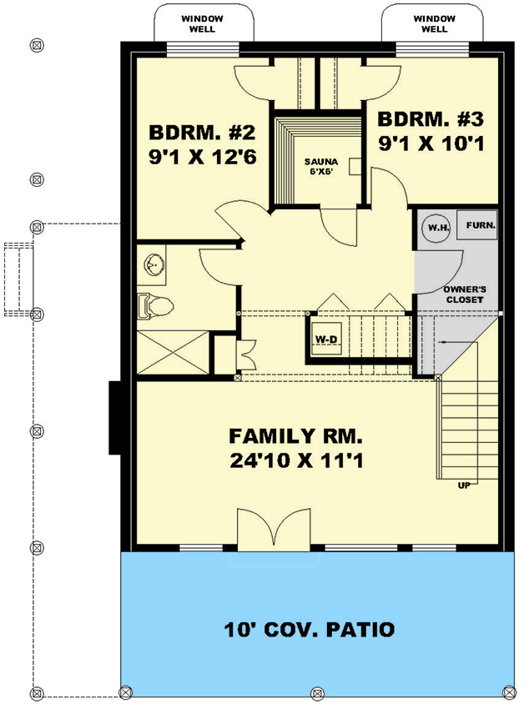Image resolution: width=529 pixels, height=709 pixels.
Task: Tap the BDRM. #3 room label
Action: pos(431,118)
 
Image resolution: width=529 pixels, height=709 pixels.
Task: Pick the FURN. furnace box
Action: pos(481,225)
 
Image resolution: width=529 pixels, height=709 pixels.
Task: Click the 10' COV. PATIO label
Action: pos(309,629)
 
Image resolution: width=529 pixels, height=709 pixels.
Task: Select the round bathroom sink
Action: pos(153,265)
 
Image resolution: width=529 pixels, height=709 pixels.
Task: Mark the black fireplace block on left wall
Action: pos(116,417)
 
